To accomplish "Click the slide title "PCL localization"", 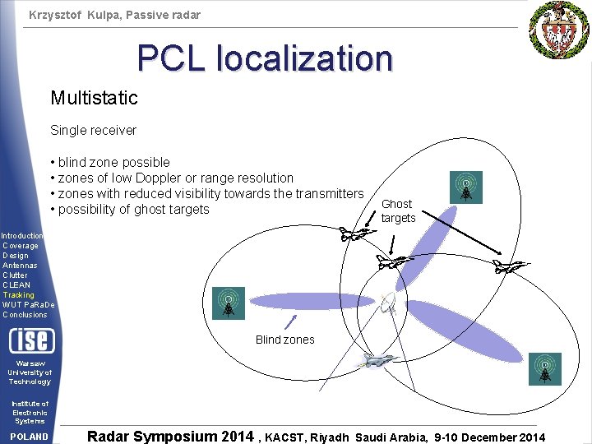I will (x=265, y=58).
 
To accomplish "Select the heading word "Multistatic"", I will (x=94, y=99).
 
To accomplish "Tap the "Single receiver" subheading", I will (x=93, y=130).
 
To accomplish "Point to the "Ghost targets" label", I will (x=398, y=210).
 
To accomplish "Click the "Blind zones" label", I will (x=284, y=340).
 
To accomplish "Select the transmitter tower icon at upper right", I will (x=466, y=187).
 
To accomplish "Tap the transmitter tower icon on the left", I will (x=228, y=303).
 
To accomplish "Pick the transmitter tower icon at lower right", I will (x=544, y=369).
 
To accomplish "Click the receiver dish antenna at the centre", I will (x=391, y=304).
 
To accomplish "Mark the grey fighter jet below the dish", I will (x=377, y=360).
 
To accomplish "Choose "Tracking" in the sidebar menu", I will (x=18, y=295).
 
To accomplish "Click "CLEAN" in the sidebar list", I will (x=16, y=285).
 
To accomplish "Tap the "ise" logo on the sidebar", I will (x=31, y=340).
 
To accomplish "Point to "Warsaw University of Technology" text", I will (x=30, y=372).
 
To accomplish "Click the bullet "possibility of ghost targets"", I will (x=130, y=210).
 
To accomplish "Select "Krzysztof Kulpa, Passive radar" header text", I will (x=114, y=15).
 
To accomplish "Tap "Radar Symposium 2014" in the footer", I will (x=170, y=437).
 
